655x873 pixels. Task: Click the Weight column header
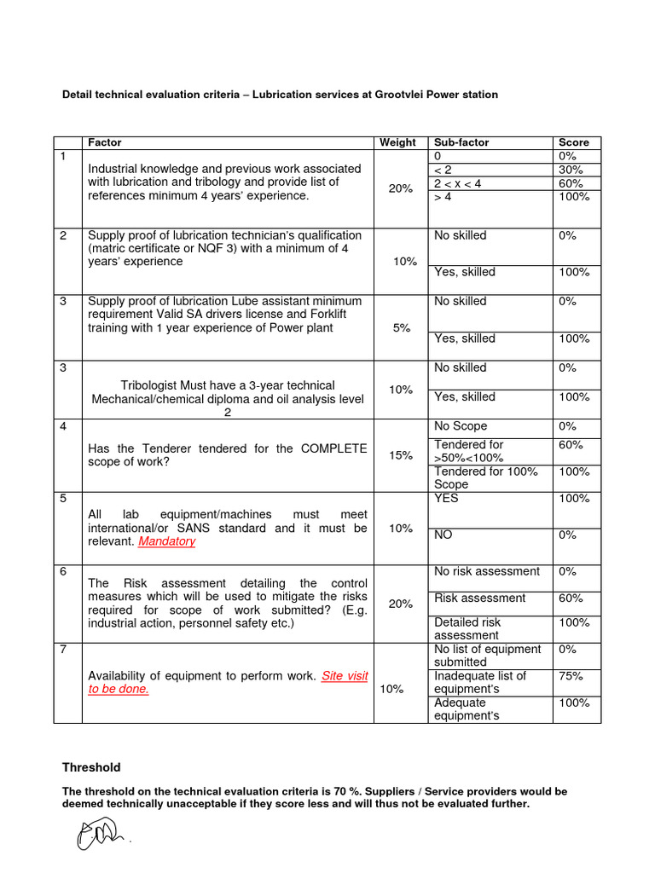click(397, 142)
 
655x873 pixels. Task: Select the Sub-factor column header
click(461, 142)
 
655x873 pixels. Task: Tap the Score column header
click(573, 142)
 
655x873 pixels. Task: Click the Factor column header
click(105, 142)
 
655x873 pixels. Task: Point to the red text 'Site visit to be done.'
click(228, 682)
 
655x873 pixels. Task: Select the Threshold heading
click(91, 767)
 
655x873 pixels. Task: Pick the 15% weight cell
click(400, 455)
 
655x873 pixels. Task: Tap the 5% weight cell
click(402, 327)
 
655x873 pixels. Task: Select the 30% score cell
click(571, 170)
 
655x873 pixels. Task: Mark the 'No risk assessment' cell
click(486, 571)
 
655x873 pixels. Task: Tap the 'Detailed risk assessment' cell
click(467, 628)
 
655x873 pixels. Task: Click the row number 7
click(63, 650)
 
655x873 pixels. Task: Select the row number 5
click(63, 499)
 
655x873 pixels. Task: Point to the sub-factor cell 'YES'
click(446, 499)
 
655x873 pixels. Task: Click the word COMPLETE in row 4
click(332, 448)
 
